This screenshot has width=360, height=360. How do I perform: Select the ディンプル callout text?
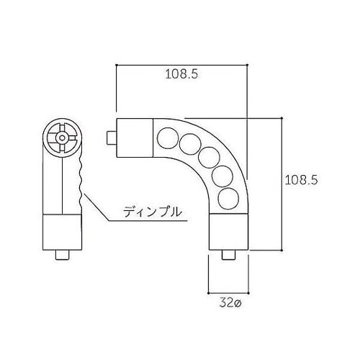click(150, 212)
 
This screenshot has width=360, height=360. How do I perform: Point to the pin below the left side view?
click(63, 256)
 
